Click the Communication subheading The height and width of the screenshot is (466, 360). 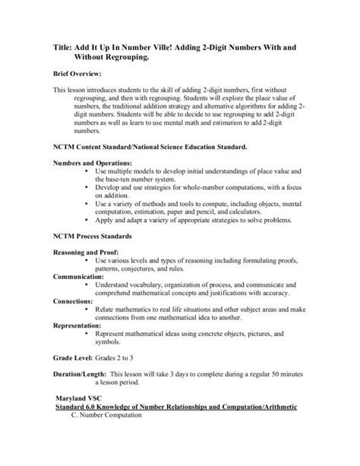click(83, 277)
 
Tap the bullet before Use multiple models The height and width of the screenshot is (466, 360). click(89, 173)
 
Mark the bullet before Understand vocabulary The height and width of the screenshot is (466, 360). click(89, 285)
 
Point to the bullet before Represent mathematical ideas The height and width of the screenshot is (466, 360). click(89, 332)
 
